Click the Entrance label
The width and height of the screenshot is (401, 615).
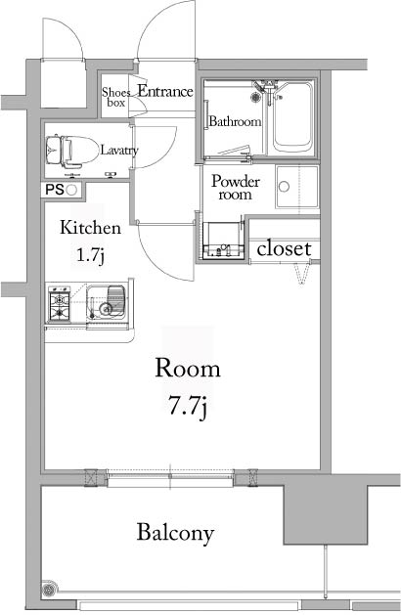[x=165, y=91]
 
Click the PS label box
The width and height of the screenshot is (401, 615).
[x=53, y=191]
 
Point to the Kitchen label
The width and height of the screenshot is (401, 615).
[x=91, y=229]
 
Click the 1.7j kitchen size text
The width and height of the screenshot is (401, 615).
[x=91, y=256]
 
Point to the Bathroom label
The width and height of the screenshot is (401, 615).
[x=235, y=122]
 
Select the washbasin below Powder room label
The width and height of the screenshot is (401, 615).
[x=224, y=240]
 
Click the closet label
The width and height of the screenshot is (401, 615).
[x=284, y=249]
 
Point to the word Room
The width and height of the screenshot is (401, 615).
[x=189, y=370]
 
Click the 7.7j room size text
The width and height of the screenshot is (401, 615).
[x=189, y=405]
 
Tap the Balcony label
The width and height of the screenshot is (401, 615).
[x=175, y=534]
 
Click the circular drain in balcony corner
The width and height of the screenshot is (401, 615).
[x=50, y=590]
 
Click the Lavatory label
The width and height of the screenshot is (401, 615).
[x=118, y=151]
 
